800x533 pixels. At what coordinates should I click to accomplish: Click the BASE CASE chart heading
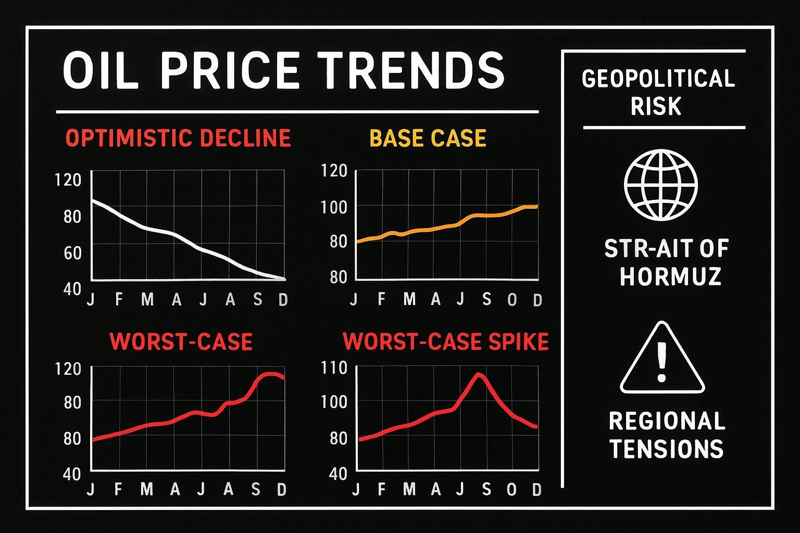428,138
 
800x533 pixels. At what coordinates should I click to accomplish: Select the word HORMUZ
670,276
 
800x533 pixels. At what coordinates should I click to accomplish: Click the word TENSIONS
667,449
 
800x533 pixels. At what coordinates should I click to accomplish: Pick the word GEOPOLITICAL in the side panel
658,79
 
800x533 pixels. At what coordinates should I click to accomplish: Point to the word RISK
656,106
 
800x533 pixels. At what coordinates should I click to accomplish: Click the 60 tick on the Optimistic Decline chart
73,253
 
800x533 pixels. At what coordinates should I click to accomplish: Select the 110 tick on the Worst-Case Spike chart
335,368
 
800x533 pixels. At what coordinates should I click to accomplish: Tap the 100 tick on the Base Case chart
335,207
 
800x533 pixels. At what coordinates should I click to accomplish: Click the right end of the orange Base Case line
536,207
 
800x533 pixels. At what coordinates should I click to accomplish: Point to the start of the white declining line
93,200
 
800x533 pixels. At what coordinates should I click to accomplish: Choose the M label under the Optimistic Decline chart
148,300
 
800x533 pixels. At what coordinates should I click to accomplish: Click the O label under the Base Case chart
512,300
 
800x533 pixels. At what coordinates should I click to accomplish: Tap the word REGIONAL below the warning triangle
667,421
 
